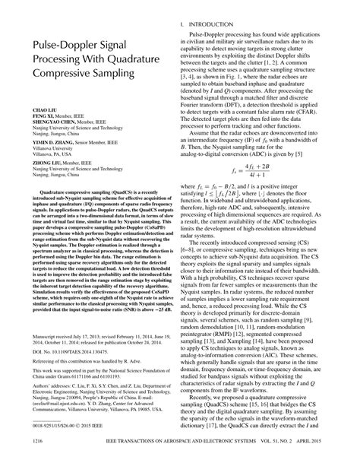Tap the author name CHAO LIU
(x=37, y=110)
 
